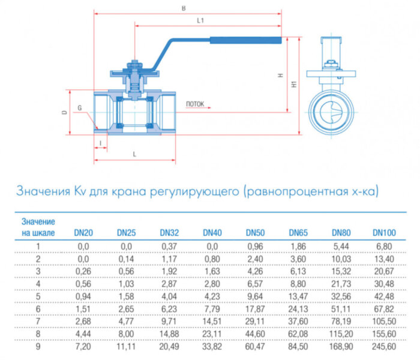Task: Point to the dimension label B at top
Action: [x=183, y=8]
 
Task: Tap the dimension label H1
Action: [x=295, y=85]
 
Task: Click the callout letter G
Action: [x=79, y=107]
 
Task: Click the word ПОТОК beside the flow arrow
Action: [x=195, y=104]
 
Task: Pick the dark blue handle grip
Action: [x=245, y=41]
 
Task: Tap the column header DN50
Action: [x=255, y=232]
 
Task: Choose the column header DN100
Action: [x=384, y=232]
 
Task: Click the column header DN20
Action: [x=83, y=232]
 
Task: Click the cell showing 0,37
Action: [x=169, y=246]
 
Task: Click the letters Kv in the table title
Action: [x=80, y=192]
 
